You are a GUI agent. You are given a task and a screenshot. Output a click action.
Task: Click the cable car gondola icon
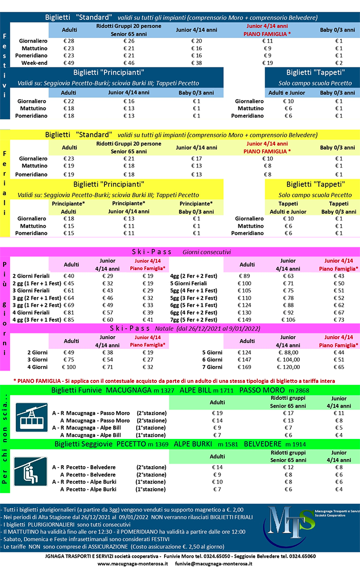pos(31,417)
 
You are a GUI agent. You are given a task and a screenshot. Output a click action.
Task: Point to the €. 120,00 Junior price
pos(291,367)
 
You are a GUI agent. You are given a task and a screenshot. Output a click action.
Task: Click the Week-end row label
pos(34,63)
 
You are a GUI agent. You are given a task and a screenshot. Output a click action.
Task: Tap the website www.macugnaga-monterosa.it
pos(133,563)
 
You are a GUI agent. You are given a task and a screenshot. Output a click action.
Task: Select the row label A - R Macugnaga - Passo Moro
pos(91,413)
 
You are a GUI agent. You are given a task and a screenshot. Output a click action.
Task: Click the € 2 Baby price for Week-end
pos(338,63)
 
